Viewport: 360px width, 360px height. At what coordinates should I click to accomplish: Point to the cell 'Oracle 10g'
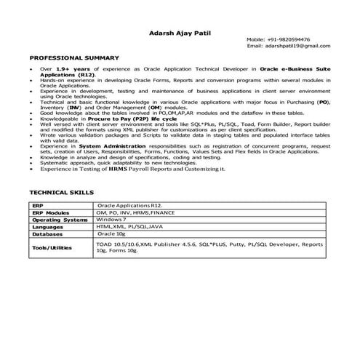point(113,234)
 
